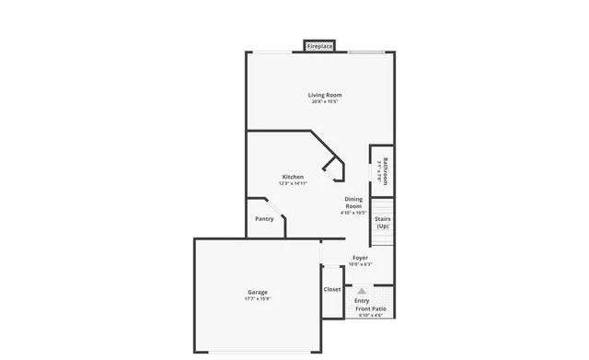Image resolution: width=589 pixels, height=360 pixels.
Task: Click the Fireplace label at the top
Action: point(319,45)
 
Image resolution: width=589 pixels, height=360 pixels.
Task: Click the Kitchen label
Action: point(293,176)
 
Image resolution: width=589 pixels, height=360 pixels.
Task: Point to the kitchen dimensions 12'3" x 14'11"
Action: point(293,183)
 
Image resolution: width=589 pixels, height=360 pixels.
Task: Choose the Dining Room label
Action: point(353,203)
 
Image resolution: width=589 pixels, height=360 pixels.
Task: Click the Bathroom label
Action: point(385,171)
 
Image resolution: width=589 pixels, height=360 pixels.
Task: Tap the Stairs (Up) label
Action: point(383,223)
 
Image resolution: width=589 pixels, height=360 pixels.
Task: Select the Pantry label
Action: point(264,219)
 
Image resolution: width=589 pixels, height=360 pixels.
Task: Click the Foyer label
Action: point(360,258)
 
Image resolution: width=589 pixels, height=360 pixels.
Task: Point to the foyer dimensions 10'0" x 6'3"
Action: point(360,265)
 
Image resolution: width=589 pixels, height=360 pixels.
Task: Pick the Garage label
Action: point(257,292)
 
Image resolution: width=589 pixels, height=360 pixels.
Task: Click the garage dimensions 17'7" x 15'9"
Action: point(257,299)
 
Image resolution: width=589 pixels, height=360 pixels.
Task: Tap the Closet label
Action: point(332,289)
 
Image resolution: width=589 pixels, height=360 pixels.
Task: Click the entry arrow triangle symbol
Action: point(362,290)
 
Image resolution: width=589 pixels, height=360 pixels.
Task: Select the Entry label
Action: point(362,300)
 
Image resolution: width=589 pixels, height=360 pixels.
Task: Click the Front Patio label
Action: point(372,308)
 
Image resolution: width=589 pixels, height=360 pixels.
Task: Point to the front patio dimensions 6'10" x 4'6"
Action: point(372,316)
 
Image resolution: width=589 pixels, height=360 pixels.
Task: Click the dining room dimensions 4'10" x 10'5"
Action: point(353,214)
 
